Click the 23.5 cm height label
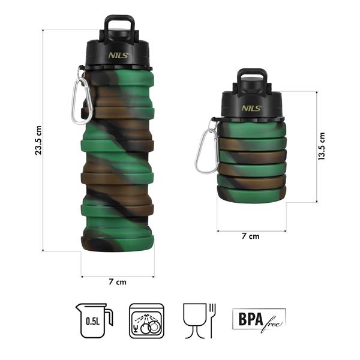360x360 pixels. [x=38, y=140]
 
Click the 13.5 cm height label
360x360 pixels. [x=322, y=146]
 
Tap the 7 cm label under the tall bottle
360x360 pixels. [x=118, y=281]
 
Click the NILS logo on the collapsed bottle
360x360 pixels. [x=251, y=108]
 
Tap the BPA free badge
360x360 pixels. [x=259, y=317]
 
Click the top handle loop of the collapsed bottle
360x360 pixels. [x=252, y=78]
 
